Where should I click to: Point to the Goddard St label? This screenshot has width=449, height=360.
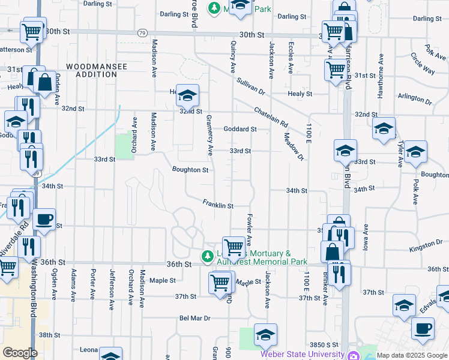coord(240,129)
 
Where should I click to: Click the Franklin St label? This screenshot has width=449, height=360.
coord(217,205)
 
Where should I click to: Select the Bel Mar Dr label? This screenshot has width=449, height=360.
coord(194,318)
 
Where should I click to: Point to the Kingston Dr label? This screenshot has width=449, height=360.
coord(426,246)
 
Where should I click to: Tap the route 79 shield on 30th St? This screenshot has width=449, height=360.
coord(142,32)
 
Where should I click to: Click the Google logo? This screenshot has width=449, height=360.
coord(20,353)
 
